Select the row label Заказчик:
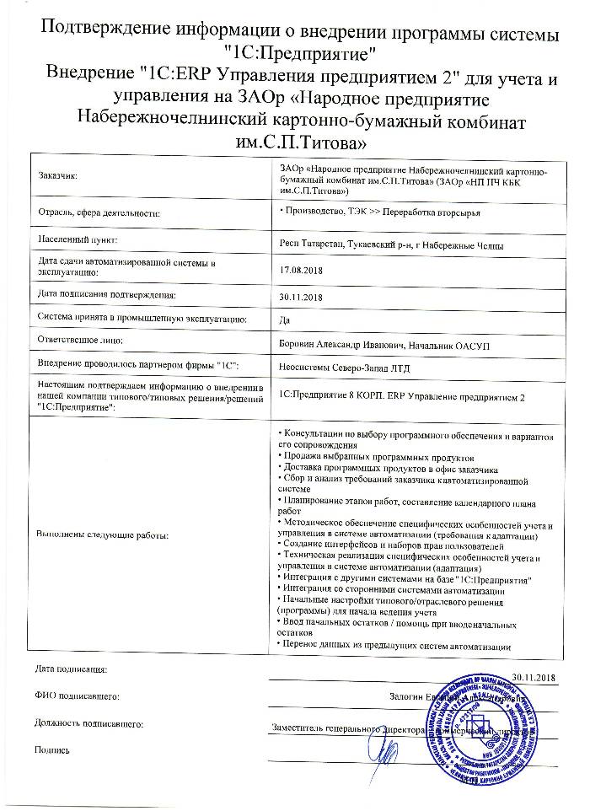pyautogui.click(x=56, y=175)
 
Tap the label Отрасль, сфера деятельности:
pyautogui.click(x=99, y=213)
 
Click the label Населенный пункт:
pyautogui.click(x=77, y=241)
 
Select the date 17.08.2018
pyautogui.click(x=300, y=271)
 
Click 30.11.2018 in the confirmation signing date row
pyautogui.click(x=300, y=296)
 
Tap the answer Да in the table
pyautogui.click(x=283, y=320)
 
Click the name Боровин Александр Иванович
pyautogui.click(x=341, y=345)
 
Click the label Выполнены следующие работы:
pyautogui.click(x=102, y=535)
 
